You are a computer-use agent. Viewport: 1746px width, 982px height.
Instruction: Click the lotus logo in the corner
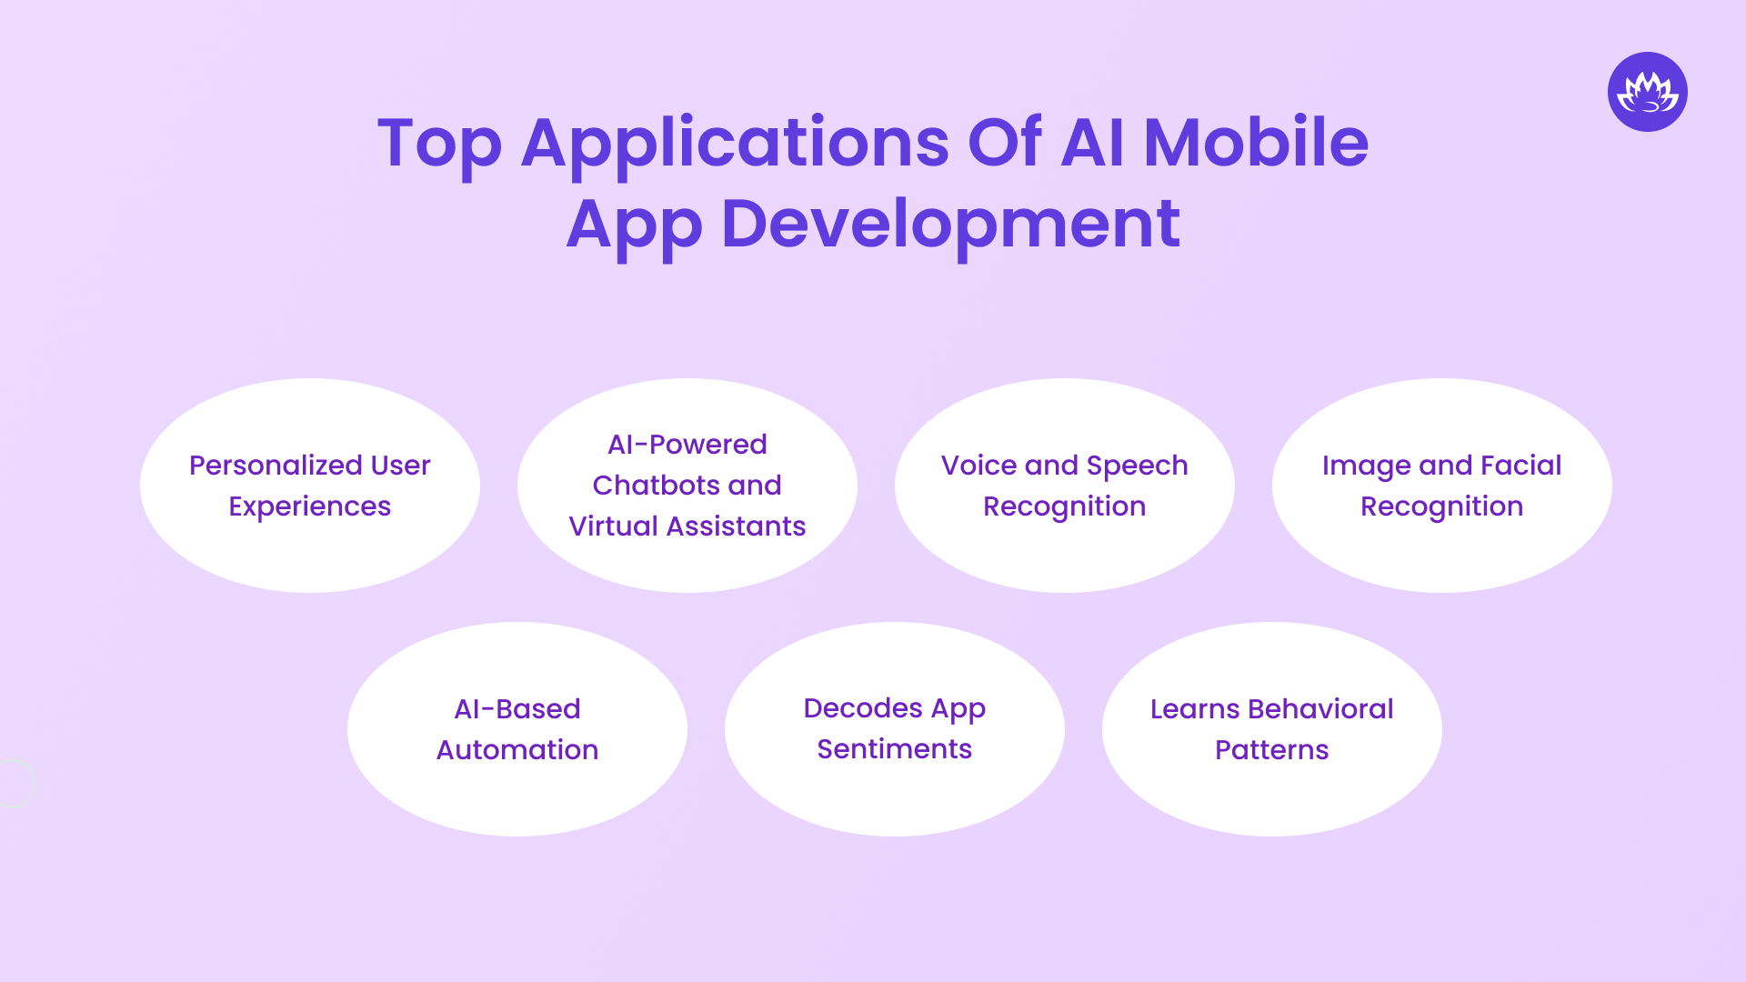tap(1647, 92)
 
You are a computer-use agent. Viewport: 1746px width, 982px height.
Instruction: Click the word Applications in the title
tap(735, 143)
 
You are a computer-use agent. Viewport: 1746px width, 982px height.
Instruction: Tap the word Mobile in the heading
tap(1255, 143)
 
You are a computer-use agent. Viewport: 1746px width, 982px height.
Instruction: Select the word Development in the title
tap(950, 224)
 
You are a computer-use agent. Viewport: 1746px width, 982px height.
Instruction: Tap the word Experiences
tap(310, 506)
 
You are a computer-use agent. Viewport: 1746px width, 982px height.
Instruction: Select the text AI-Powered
tap(687, 445)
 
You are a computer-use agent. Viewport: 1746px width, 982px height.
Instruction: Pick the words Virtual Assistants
tap(687, 526)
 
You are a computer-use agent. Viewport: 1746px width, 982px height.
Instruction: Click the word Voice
tap(978, 466)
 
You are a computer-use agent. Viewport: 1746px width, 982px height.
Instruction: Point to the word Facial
tap(1520, 466)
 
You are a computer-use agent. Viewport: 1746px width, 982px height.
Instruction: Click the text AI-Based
tap(517, 709)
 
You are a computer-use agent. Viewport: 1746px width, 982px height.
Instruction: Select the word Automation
tap(517, 750)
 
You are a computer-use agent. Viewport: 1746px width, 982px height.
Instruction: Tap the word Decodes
tap(863, 708)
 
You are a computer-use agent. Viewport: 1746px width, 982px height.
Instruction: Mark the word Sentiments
tap(895, 749)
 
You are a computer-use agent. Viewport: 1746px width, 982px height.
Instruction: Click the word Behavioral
tap(1320, 709)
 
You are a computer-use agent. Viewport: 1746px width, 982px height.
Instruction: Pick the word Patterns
tap(1271, 750)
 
